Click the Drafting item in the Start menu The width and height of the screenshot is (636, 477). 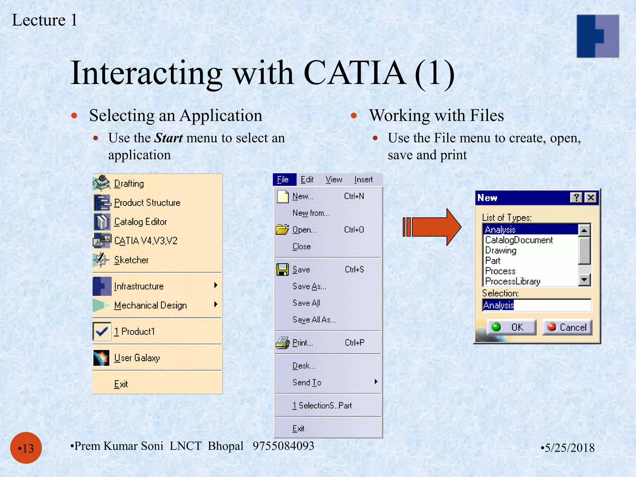coord(129,184)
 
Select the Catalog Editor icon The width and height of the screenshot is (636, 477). coord(102,222)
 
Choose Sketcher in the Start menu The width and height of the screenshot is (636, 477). coord(131,260)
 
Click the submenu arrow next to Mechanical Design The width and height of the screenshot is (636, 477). coord(216,304)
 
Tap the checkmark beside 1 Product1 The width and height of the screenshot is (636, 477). coord(102,332)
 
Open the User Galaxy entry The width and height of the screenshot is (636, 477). coord(137,358)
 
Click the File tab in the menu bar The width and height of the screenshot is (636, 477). coord(283,179)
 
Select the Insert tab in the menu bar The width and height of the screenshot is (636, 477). coord(363,179)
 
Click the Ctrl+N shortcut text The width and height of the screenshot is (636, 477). coord(354,196)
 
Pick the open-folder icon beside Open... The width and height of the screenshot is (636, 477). coord(282,229)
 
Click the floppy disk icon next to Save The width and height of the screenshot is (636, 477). coord(282,269)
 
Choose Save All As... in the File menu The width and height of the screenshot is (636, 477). coord(314,320)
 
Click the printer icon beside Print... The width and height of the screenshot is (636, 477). coord(282,343)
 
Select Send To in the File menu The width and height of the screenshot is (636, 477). coord(307,382)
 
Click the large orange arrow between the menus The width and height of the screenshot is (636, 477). coord(433,227)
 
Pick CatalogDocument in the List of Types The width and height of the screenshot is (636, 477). coord(519,240)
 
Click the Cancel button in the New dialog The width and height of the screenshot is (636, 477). coord(567,327)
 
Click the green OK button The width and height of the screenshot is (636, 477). coord(511,327)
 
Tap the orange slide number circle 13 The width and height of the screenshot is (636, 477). coord(26,448)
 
